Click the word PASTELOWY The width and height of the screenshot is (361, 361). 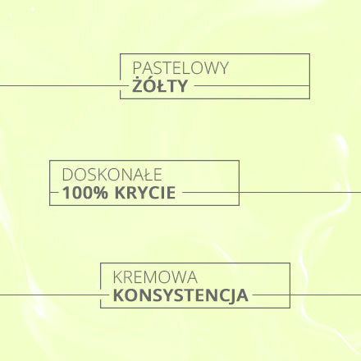click(x=180, y=68)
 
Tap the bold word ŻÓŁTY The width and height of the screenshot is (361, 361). click(x=160, y=85)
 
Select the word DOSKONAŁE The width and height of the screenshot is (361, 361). click(x=112, y=175)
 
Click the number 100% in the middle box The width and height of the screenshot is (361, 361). click(x=85, y=193)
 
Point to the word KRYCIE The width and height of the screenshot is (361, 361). click(x=145, y=193)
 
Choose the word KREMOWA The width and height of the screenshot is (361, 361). click(x=155, y=277)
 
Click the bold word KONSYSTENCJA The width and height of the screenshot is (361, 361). click(x=180, y=296)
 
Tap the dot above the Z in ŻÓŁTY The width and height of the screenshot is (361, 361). click(x=138, y=79)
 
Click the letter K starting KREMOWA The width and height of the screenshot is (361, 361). click(x=117, y=277)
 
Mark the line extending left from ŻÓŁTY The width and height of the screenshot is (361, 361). click(x=64, y=85)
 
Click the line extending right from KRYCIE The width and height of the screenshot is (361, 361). click(x=272, y=192)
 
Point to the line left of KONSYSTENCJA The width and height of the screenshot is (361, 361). click(x=54, y=295)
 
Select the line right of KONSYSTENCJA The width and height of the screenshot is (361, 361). click(x=307, y=295)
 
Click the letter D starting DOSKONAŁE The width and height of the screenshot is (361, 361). click(x=67, y=175)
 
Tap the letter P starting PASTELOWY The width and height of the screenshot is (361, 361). click(x=137, y=68)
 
